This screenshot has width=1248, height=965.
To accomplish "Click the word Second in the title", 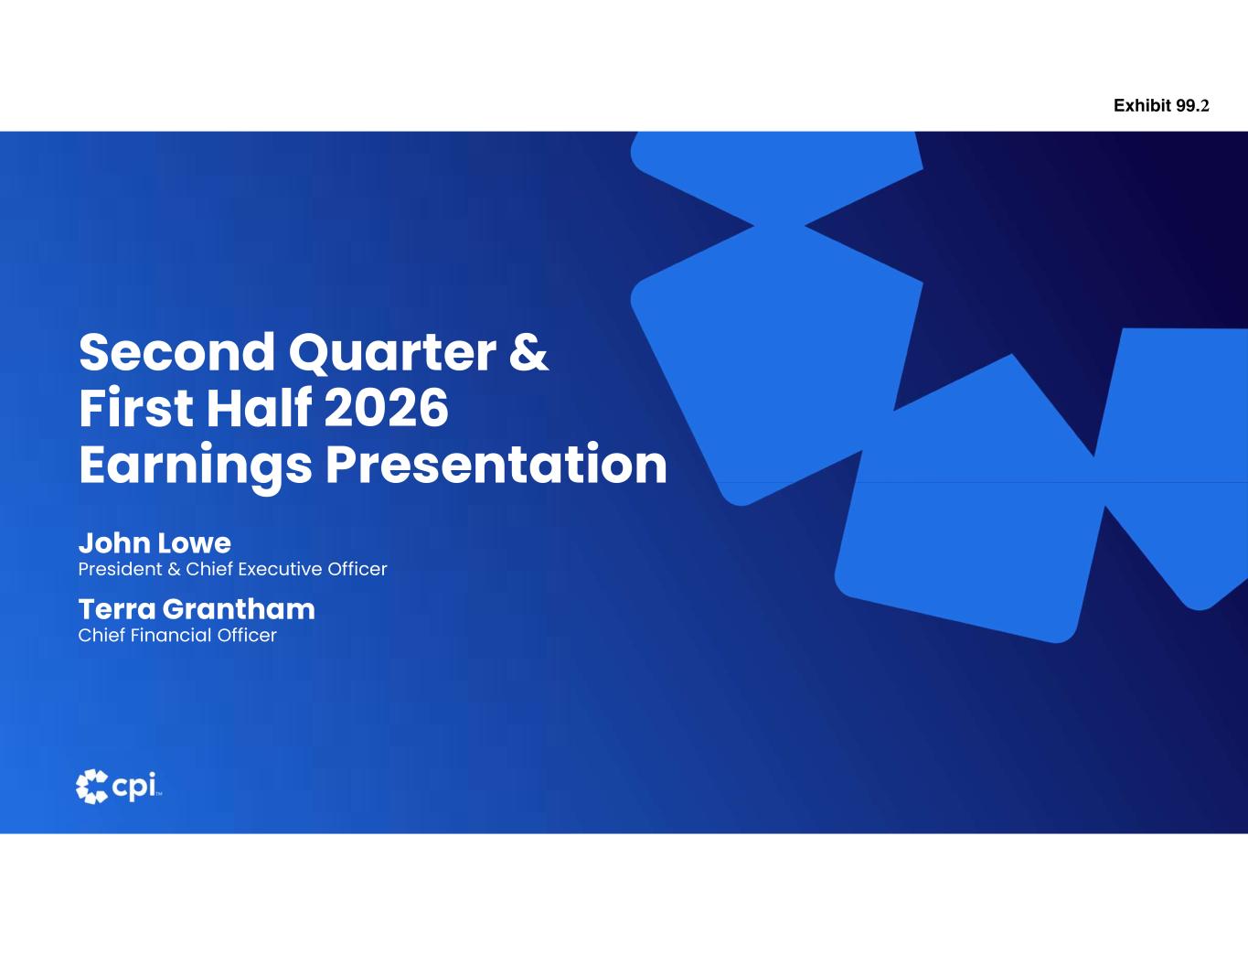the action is [x=176, y=353].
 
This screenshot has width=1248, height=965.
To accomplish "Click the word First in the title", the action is [x=136, y=407].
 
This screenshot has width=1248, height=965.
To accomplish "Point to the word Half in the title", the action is [x=259, y=407].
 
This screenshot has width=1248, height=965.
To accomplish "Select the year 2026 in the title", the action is [x=386, y=408].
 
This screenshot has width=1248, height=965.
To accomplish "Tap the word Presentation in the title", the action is [x=496, y=463].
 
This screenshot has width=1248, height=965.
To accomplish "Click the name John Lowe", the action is [x=155, y=542].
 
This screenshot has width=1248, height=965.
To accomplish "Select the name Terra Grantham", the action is [x=197, y=609].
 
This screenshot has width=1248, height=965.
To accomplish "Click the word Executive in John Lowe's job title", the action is [x=280, y=569].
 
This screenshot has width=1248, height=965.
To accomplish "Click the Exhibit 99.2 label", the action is [x=1161, y=106].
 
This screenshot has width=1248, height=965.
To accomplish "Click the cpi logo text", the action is [x=134, y=787].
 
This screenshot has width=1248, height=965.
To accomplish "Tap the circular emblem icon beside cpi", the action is [x=92, y=787].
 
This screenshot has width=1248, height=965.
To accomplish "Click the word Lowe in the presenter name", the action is [x=194, y=542].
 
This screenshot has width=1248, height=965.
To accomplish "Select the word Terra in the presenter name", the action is [x=117, y=609].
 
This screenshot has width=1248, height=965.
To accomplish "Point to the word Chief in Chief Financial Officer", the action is [x=101, y=636].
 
